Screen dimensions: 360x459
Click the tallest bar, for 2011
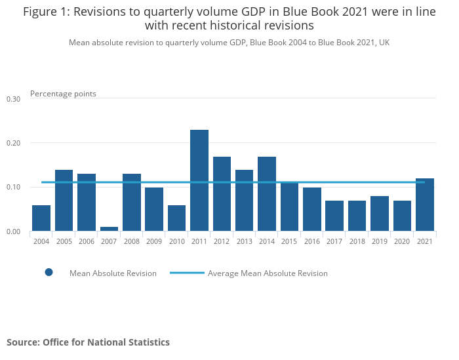[199, 180]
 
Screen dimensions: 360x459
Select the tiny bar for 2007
[109, 229]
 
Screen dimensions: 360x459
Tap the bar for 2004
[41, 218]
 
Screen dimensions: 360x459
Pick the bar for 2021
[425, 205]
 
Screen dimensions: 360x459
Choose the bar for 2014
[267, 193]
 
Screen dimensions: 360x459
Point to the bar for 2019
[380, 213]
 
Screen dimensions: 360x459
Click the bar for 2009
[154, 209]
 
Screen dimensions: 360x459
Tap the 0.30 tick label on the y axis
[14, 99]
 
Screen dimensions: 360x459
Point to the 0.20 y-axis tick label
[14, 143]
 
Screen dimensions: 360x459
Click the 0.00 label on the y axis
[14, 231]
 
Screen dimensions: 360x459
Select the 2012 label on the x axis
[222, 242]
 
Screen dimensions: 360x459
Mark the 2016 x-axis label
[312, 242]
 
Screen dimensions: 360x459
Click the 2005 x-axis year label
[64, 242]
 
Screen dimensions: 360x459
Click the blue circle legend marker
[49, 273]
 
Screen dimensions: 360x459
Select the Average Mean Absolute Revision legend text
[268, 273]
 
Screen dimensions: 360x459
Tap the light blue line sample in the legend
[186, 273]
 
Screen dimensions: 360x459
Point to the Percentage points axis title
[63, 94]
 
